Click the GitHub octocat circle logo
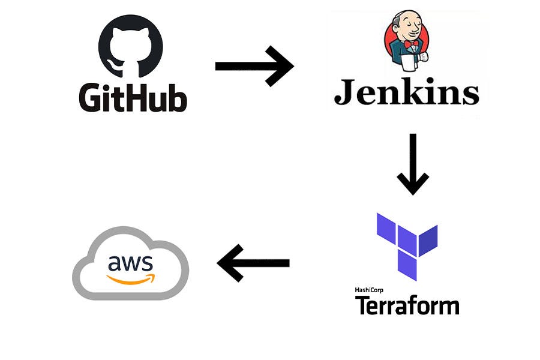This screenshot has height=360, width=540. (130, 47)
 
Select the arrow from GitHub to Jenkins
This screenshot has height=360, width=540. (254, 65)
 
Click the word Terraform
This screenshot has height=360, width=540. (407, 305)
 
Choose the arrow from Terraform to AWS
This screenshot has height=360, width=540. (253, 263)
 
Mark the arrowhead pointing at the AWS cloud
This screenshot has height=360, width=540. (228, 263)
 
